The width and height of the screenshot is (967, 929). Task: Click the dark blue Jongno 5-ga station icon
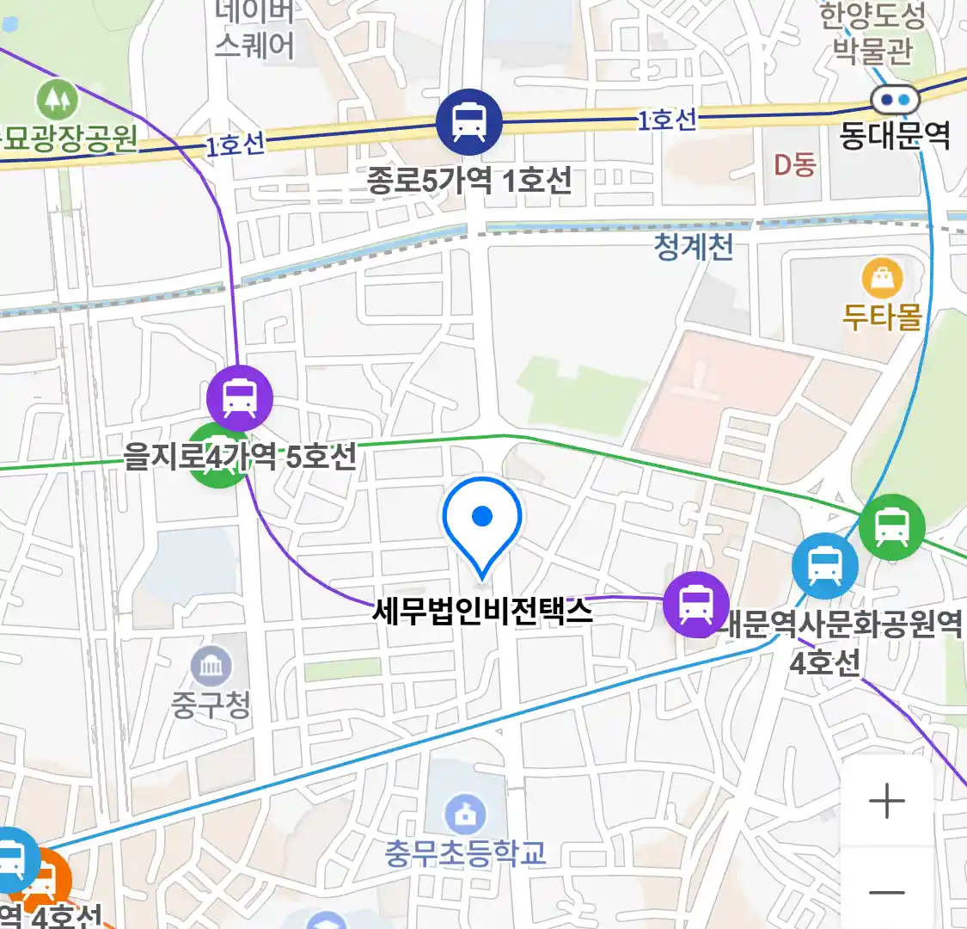point(468,121)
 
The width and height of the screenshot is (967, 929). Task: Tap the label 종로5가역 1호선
point(469,181)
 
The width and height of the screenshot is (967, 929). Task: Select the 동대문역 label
point(895,136)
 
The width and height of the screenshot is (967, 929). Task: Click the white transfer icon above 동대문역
point(895,101)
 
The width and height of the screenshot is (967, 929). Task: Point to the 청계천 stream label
point(694,248)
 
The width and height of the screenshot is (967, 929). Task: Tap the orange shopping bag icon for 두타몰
point(882,278)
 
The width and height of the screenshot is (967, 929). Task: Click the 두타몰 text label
point(882,317)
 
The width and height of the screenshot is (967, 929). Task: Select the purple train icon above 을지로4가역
point(240,398)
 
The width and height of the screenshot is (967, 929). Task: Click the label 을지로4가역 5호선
point(240,456)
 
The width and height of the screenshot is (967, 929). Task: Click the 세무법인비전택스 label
point(482,611)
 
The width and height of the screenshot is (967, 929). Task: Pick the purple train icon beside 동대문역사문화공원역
point(695,604)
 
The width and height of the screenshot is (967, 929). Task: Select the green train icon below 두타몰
point(893,527)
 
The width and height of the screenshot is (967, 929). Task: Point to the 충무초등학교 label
point(465,853)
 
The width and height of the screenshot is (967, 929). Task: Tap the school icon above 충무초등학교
point(465,814)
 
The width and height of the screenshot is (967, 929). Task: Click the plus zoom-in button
point(886,802)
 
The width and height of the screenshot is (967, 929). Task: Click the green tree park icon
point(58,100)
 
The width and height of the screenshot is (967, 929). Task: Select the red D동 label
point(794,164)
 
